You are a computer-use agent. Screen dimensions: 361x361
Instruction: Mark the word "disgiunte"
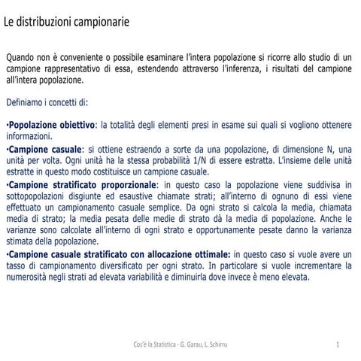96,196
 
